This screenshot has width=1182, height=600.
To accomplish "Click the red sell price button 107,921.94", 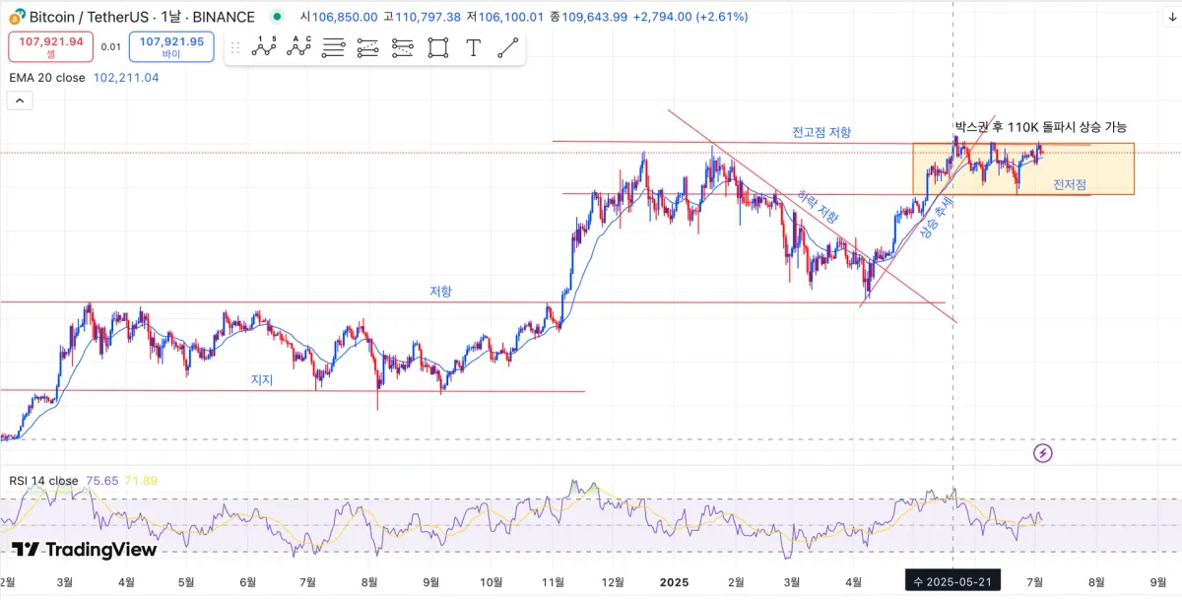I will click(x=51, y=46).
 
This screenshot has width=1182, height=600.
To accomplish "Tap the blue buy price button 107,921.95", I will click(x=171, y=46).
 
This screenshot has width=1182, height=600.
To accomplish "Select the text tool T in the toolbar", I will click(x=473, y=47).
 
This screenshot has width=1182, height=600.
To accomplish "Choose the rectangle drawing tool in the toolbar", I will click(x=438, y=47).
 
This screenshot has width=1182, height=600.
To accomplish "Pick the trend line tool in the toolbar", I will click(x=507, y=47).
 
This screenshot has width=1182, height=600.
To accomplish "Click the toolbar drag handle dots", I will click(x=234, y=47).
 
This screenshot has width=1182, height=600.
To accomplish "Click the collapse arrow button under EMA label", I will click(x=20, y=100).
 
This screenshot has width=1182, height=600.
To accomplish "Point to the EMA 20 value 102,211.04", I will click(x=126, y=77).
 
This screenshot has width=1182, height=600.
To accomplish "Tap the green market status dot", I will click(x=280, y=17).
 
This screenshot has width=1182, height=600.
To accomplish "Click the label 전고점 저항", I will click(x=821, y=132).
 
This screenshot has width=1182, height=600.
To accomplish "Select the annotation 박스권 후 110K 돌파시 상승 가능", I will click(x=1040, y=127).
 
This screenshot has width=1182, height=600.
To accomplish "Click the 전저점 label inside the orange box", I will click(x=1070, y=184).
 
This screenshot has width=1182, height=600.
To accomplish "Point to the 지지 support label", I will click(x=262, y=379).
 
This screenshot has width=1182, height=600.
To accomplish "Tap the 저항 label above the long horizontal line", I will click(x=440, y=292).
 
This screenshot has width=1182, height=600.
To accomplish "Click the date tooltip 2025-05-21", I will click(x=953, y=582).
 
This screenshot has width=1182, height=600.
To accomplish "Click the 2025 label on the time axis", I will click(x=674, y=582).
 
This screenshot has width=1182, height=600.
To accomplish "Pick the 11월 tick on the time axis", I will click(x=553, y=582).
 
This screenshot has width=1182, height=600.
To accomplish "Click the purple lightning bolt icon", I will click(x=1043, y=453).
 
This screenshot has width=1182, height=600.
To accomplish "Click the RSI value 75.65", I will click(x=101, y=481).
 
